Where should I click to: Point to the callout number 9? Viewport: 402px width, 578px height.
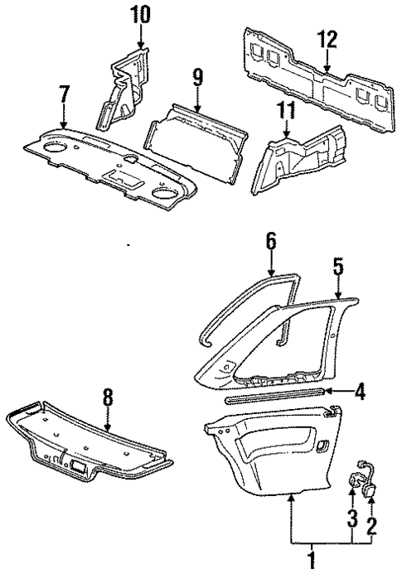198,79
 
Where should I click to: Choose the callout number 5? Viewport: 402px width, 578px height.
338,267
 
